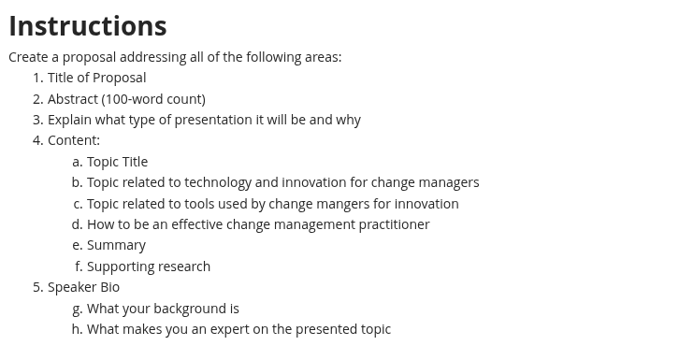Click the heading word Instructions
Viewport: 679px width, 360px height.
click(x=88, y=26)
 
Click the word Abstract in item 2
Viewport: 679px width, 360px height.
click(x=73, y=99)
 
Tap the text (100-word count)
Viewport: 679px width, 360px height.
click(x=153, y=99)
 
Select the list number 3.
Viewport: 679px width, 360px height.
click(x=38, y=120)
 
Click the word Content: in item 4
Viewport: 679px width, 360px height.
click(x=74, y=140)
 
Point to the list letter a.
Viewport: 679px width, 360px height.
click(x=77, y=162)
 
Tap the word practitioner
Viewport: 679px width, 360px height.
click(x=394, y=224)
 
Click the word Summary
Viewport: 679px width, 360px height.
click(x=117, y=246)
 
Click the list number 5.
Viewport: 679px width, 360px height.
click(x=38, y=287)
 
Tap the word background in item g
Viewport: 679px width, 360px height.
click(x=188, y=309)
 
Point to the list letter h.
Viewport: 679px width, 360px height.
click(x=77, y=329)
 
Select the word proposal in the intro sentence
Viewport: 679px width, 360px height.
click(x=89, y=58)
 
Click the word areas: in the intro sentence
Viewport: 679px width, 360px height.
click(x=323, y=57)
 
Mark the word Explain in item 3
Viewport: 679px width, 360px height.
click(x=69, y=121)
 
